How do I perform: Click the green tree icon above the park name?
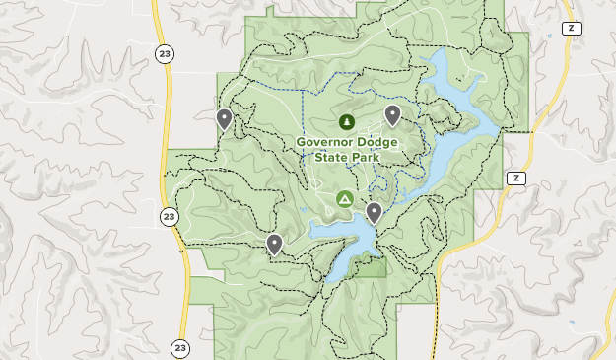point(346,122)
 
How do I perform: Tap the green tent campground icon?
point(345,199)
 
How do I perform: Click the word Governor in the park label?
point(327,142)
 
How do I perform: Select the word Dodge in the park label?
point(379,142)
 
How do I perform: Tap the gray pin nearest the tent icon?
point(374,212)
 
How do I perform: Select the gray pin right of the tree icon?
point(392,115)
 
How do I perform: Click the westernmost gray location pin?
point(224,119)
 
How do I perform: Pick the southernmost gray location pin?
point(274,244)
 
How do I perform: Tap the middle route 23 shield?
point(170,216)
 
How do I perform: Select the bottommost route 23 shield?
point(179,348)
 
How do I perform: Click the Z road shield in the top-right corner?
point(571,28)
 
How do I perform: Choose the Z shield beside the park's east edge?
point(515,178)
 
